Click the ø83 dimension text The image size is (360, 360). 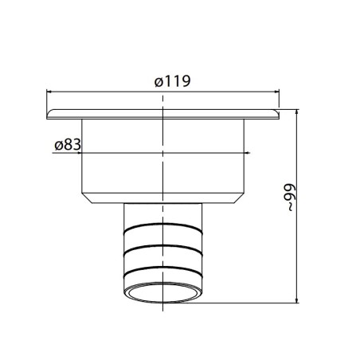pos(67,145)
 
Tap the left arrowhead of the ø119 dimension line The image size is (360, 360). pos(53,92)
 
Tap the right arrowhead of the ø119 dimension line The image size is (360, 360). pos(276,92)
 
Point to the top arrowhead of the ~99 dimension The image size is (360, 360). pos(298,114)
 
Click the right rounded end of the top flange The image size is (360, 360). pos(279,115)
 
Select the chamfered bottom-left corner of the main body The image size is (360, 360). pos(86,195)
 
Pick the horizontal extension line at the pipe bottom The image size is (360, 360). pos(255,303)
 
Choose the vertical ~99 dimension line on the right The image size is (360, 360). pos(298,239)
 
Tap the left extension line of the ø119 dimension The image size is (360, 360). pos(48,100)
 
